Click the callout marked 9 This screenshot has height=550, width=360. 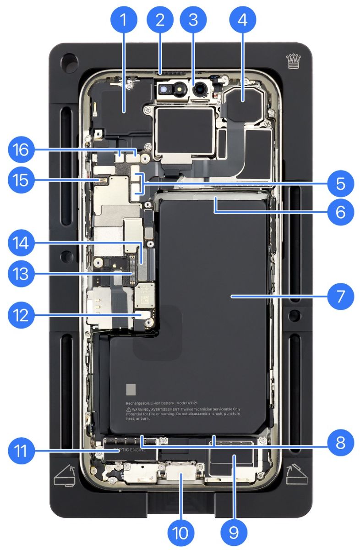234,532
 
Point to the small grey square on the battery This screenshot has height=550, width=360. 131,390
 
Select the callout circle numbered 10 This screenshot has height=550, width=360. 180,532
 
